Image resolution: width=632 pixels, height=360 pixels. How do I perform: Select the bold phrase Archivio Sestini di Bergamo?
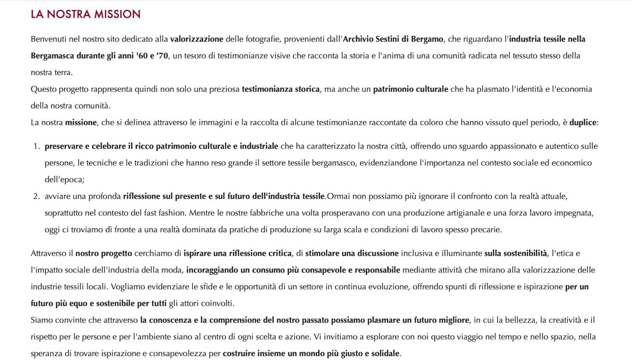[x=393, y=39]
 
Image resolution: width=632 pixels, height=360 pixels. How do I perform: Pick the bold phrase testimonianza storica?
[x=281, y=89]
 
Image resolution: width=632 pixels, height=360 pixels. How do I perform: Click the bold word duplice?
[x=583, y=123]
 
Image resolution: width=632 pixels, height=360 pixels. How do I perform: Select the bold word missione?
[x=81, y=123]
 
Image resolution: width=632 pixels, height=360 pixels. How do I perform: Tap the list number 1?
[x=36, y=146]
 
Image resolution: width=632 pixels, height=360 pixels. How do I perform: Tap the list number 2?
[x=36, y=196]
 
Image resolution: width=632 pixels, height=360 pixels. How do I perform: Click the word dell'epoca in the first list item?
[x=64, y=180]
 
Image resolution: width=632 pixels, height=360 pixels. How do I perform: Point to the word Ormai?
[x=338, y=196]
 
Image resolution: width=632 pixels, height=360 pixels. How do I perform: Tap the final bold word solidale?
[x=386, y=353]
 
